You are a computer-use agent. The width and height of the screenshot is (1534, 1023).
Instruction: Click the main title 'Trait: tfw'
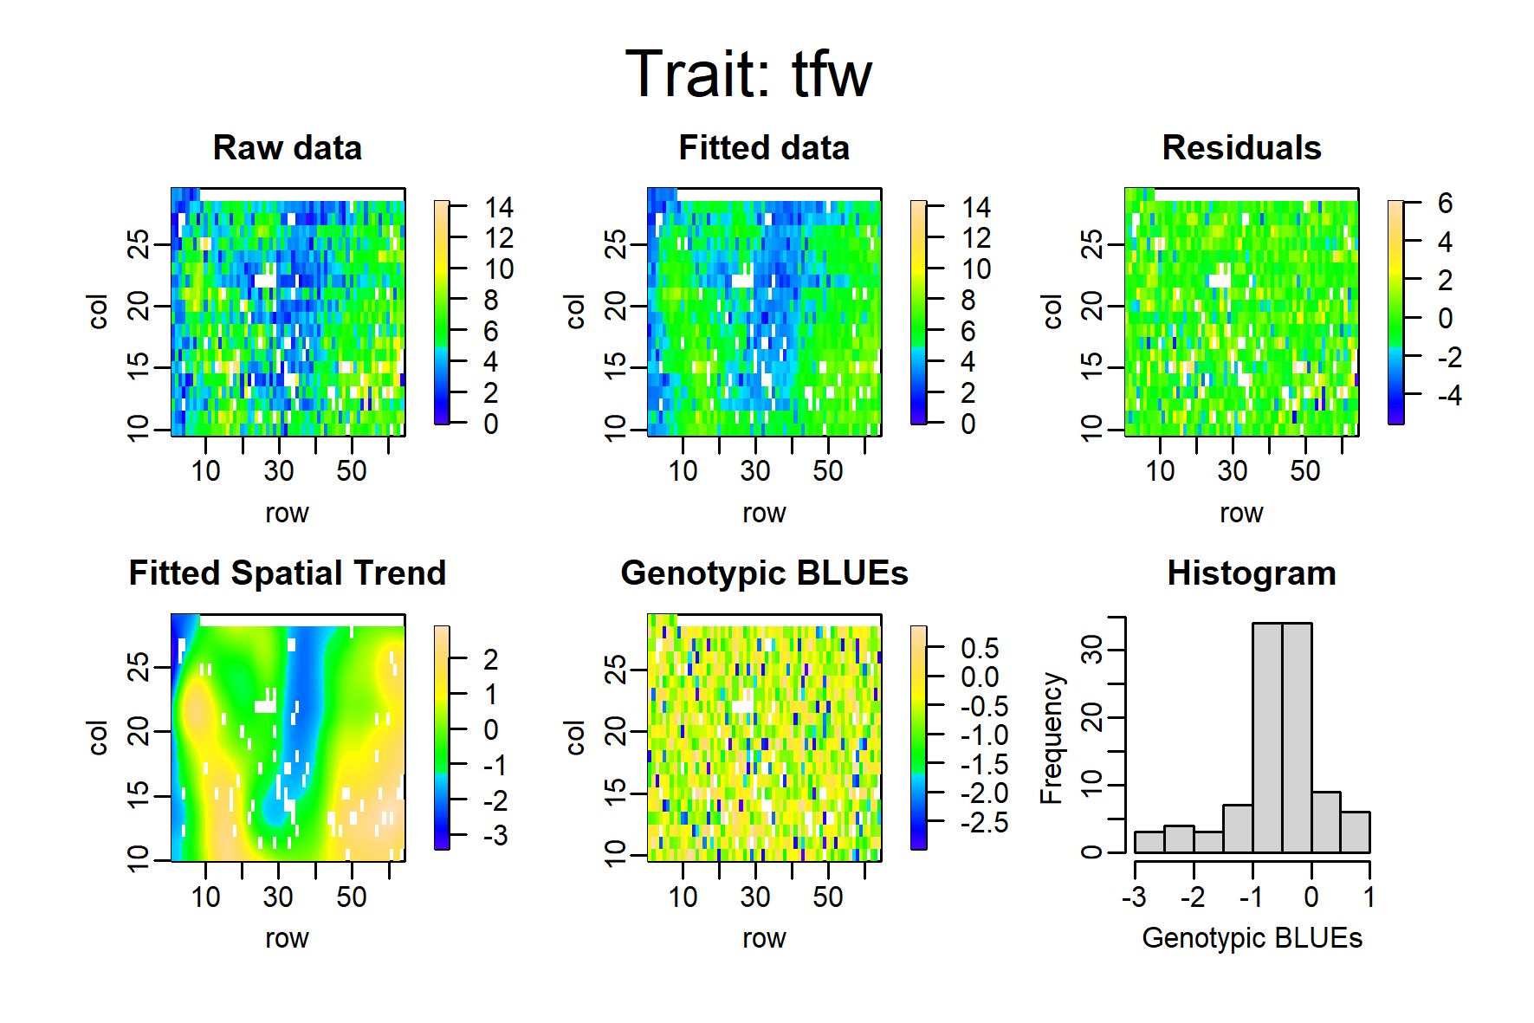click(x=748, y=74)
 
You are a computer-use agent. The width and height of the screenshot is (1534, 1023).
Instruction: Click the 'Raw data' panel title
click(x=288, y=148)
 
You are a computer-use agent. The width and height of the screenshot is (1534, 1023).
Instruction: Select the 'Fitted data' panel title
click(x=764, y=148)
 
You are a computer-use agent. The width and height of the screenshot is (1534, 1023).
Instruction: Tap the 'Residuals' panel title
click(x=1241, y=148)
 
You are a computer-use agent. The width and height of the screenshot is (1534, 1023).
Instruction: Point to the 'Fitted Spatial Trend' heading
click(x=288, y=573)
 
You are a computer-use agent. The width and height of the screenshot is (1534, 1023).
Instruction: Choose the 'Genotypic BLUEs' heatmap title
click(x=764, y=573)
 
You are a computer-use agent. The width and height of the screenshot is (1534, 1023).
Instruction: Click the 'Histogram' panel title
click(x=1252, y=573)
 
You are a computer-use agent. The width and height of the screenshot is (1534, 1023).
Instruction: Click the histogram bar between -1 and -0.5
click(x=1267, y=738)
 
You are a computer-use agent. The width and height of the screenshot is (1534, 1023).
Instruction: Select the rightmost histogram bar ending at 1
click(x=1355, y=832)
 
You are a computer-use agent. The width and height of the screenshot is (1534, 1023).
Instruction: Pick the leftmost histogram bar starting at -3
click(x=1149, y=842)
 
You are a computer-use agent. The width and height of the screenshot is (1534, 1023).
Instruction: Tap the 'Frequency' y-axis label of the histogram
click(x=1051, y=738)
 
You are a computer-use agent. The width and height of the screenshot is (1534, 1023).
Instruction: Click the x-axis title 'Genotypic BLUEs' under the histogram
click(x=1252, y=938)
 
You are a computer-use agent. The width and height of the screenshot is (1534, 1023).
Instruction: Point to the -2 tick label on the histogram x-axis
click(x=1193, y=897)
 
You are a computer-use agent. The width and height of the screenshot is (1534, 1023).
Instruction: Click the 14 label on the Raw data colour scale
click(x=499, y=208)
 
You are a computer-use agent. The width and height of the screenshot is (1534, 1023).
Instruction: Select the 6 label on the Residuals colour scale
click(x=1445, y=204)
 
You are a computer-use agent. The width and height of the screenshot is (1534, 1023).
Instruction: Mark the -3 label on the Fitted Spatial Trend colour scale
click(x=495, y=836)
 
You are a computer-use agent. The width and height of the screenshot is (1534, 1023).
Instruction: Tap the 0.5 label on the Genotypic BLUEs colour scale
click(x=980, y=649)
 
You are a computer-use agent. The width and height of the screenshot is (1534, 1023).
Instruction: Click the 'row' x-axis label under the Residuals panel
click(x=1241, y=514)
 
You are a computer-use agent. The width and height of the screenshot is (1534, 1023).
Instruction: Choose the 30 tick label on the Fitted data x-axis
click(x=755, y=471)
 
